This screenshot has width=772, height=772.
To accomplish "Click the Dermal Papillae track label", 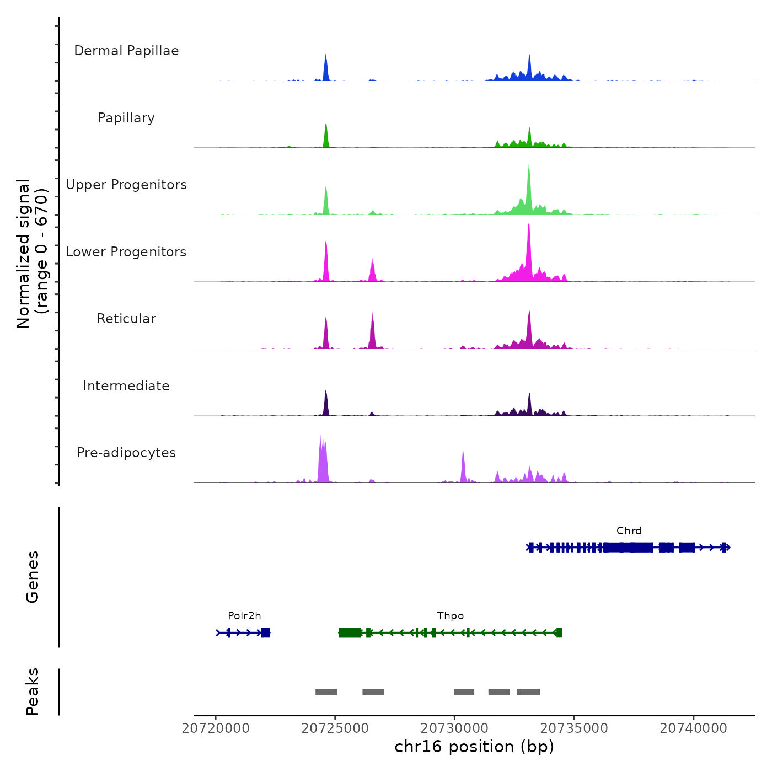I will click(x=126, y=51).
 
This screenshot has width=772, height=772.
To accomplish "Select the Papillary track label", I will click(x=126, y=118).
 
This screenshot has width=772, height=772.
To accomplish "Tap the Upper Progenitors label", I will click(x=126, y=185).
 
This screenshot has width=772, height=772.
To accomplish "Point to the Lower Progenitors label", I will click(x=126, y=252).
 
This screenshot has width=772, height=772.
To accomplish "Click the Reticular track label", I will click(x=126, y=319).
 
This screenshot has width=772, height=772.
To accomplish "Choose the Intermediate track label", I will click(x=126, y=386).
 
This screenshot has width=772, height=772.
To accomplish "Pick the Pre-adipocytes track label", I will click(x=126, y=453).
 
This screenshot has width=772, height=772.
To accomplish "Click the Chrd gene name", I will click(x=629, y=530).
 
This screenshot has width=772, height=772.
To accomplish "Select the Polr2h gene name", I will click(x=244, y=615).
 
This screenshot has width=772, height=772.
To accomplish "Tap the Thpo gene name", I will click(x=450, y=615).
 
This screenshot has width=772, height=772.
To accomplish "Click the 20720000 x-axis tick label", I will click(x=216, y=728).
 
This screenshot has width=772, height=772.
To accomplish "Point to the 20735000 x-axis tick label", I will click(x=574, y=728).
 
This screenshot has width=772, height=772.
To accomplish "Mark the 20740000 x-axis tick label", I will click(x=694, y=728).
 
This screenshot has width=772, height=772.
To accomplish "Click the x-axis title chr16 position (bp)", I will click(x=474, y=747).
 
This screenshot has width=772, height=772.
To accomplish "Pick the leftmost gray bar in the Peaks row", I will click(x=326, y=692).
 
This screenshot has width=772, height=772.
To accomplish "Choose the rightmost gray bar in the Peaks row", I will click(x=528, y=692).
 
